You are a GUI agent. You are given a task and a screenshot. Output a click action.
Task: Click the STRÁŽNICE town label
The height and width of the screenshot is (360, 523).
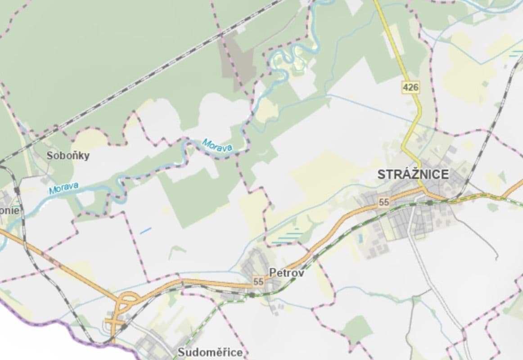point(413,175)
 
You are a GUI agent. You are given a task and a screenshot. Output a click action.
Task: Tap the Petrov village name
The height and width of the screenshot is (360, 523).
point(286,273)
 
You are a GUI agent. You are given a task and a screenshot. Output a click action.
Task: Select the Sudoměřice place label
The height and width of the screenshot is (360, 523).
point(210,352)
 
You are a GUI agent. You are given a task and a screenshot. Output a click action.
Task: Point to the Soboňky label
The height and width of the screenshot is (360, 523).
point(68,156)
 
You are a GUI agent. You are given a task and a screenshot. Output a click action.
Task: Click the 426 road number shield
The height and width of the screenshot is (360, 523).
point(411,87)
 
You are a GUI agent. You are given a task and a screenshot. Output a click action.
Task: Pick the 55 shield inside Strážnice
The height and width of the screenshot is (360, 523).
point(384,202)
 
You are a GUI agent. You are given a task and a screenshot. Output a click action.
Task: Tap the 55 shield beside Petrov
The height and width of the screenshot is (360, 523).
point(258,282)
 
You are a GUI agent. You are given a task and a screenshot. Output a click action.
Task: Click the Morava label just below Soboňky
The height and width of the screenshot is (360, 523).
point(63,187)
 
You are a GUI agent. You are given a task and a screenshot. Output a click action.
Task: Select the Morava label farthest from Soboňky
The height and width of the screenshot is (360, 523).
point(217,145)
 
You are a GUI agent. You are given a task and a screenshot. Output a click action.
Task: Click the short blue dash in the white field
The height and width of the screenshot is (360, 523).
point(145,231)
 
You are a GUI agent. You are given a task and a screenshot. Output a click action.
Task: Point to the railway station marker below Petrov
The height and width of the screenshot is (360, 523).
point(252,295)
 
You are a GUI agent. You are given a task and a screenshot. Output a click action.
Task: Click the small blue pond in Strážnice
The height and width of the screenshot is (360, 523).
point(361,237)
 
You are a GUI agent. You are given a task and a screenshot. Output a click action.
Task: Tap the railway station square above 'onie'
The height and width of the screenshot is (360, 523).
point(17,190)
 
